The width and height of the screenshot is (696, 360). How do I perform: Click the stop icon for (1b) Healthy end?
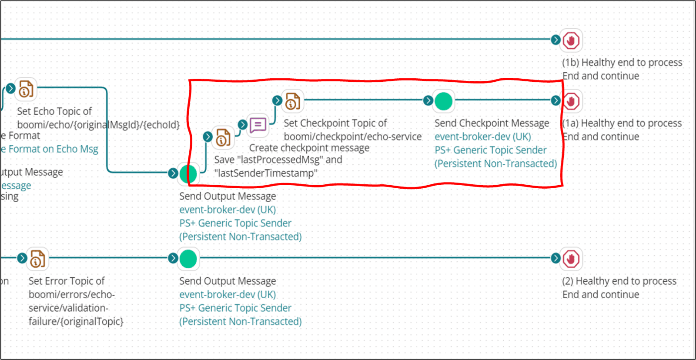click(x=571, y=41)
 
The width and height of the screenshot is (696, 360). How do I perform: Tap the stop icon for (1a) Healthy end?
click(x=571, y=101)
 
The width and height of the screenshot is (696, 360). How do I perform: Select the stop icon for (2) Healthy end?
click(x=571, y=259)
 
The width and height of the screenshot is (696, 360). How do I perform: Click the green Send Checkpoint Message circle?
click(x=444, y=101)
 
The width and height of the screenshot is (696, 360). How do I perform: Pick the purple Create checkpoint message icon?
click(x=258, y=125)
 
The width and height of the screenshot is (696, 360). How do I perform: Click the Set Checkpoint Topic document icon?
click(x=292, y=101)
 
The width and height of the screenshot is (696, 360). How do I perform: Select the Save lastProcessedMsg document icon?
click(x=223, y=138)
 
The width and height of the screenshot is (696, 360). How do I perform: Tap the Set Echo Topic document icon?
click(x=26, y=89)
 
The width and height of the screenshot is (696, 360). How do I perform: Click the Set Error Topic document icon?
click(x=37, y=259)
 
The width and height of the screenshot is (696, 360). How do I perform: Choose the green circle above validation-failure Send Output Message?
click(x=188, y=259)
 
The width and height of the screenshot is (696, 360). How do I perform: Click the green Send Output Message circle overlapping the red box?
click(x=188, y=174)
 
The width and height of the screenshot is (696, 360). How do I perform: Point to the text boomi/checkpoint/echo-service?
click(x=352, y=137)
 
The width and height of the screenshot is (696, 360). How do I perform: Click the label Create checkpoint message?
click(x=309, y=148)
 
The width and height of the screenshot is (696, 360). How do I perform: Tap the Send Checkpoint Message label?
click(x=492, y=123)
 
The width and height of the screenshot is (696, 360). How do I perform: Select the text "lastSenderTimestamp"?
click(x=265, y=173)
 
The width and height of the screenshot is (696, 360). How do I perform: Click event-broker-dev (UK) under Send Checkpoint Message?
click(x=483, y=137)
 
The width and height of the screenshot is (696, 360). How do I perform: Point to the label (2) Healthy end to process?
click(x=619, y=281)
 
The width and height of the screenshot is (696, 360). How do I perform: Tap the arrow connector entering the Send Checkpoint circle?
click(x=428, y=101)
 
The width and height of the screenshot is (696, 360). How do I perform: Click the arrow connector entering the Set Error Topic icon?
click(x=22, y=258)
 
